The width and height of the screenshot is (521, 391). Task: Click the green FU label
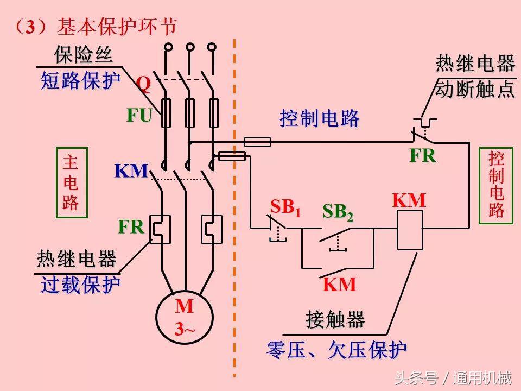click(139, 115)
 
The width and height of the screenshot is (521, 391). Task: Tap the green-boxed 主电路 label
click(71, 182)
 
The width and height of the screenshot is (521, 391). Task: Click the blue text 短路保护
click(80, 81)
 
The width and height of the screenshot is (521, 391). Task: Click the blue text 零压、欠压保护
click(336, 350)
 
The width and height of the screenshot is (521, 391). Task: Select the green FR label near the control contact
click(422, 156)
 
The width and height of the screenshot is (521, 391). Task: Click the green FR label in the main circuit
click(131, 227)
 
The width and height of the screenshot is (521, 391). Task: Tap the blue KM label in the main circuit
click(131, 171)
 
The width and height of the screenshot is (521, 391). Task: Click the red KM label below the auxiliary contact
click(340, 285)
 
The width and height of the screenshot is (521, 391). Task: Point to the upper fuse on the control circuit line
click(257, 142)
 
